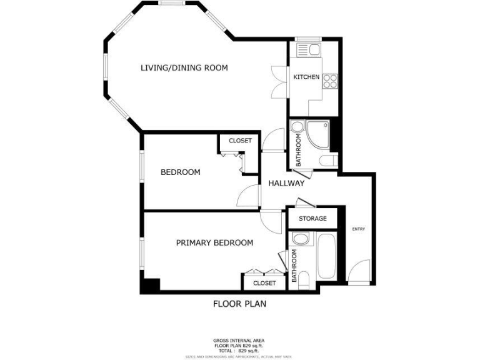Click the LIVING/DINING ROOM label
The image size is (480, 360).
pos(184,67)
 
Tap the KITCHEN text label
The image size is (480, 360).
pos(306,77)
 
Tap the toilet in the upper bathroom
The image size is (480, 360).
pos(326,162)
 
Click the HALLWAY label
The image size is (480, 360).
pos(286,183)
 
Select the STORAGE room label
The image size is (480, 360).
pos(312,219)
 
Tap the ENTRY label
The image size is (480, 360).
pos(358,229)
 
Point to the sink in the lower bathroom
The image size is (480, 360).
pos(300,239)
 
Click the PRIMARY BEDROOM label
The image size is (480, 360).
pos(214,242)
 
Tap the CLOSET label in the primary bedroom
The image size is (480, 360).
pos(264,283)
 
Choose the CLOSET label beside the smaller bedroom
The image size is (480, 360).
pos(240,141)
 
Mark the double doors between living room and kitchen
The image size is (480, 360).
pos(278,81)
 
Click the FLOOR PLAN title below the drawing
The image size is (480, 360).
pos(239,304)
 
